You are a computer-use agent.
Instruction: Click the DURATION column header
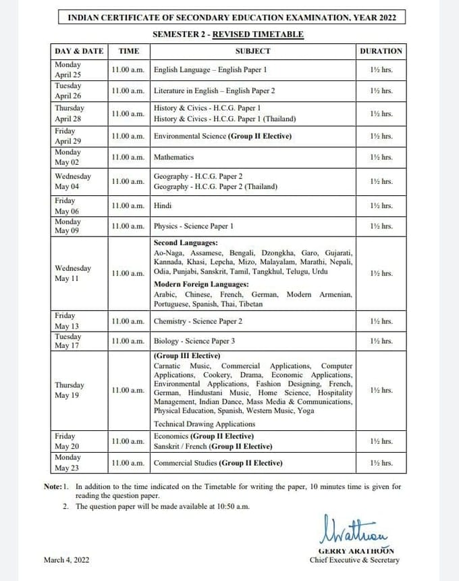coord(381,51)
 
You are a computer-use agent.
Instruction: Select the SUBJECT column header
coord(253,51)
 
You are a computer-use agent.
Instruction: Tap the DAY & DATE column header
coord(79,51)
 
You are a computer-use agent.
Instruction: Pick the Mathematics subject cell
coord(173,157)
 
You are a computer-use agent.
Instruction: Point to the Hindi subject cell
coord(163,205)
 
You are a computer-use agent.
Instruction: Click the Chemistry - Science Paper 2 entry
coord(198,322)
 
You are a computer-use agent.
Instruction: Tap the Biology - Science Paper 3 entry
coord(194,341)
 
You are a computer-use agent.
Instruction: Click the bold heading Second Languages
coord(186,242)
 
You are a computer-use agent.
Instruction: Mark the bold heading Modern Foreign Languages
coord(201,284)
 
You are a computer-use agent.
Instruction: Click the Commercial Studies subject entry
coord(218,463)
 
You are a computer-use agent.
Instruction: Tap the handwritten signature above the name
coord(350,528)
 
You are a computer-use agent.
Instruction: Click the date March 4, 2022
coord(66,560)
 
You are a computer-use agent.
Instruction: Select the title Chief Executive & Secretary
coord(354,560)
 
